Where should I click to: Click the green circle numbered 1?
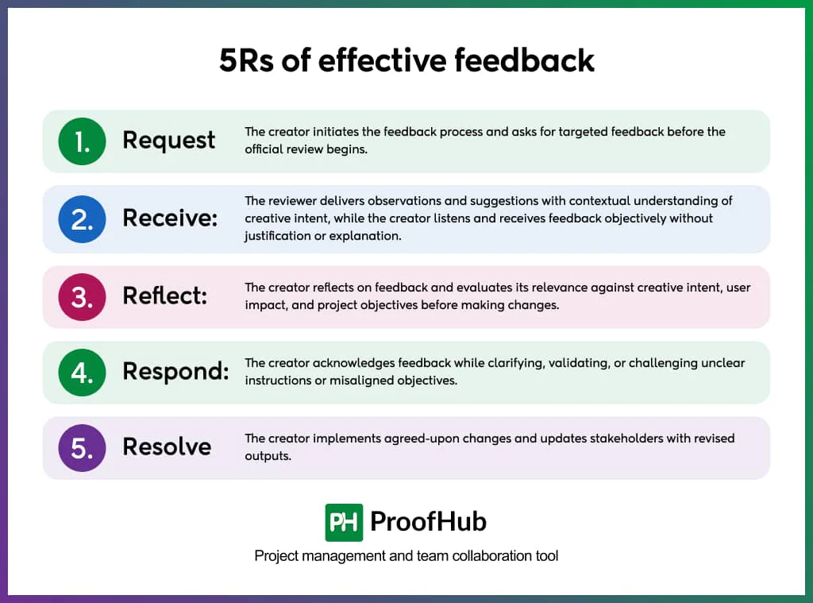tap(83, 141)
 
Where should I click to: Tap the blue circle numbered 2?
tap(83, 219)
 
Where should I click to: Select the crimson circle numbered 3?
tap(83, 296)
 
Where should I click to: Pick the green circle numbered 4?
tap(83, 372)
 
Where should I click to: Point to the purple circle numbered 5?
tap(83, 447)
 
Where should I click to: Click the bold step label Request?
tap(168, 141)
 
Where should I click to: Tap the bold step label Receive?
tap(170, 218)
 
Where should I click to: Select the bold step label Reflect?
tap(164, 296)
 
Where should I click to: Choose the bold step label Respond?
tap(175, 372)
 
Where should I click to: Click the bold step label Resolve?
tap(167, 446)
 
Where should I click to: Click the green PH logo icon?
tap(344, 522)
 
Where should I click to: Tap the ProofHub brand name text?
tap(429, 522)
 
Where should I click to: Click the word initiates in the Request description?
tap(325, 132)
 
